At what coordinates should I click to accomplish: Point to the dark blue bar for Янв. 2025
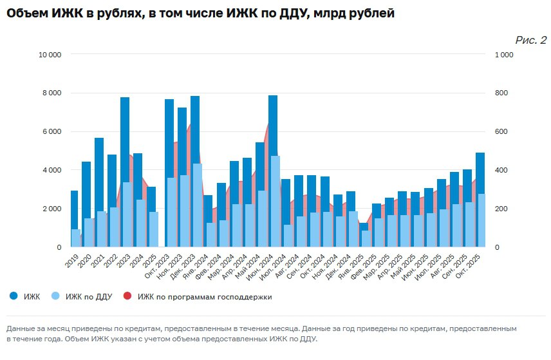coord(364,227)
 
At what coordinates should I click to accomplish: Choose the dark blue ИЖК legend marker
coord(13,296)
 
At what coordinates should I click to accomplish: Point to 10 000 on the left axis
coord(50,55)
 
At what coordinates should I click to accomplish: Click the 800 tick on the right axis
coord(501,93)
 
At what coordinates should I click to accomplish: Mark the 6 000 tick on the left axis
coord(51,132)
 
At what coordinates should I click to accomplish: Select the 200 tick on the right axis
coord(501,209)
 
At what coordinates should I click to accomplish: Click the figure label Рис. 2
coord(531,40)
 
